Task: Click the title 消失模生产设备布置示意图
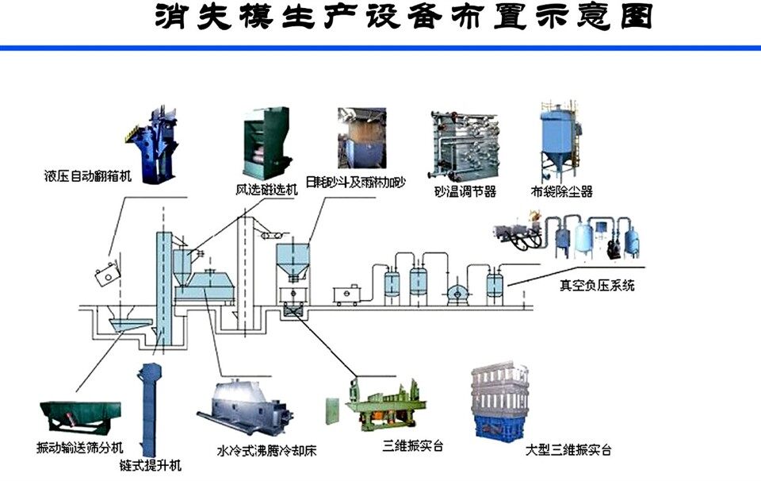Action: point(404,17)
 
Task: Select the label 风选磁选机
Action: point(266,190)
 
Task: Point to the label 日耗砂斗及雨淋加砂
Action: point(362,183)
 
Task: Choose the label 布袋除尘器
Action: point(562,191)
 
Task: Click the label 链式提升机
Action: point(151,466)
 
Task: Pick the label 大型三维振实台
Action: point(568,450)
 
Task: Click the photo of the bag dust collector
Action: point(560,143)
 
